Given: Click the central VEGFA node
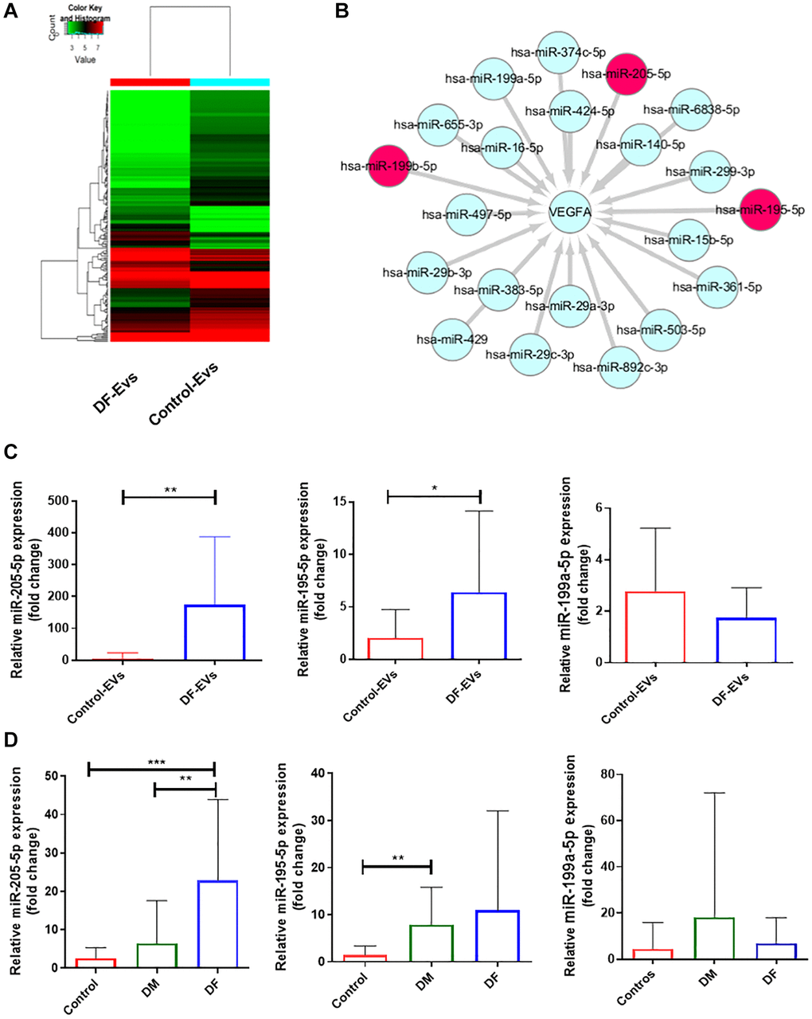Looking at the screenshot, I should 568,213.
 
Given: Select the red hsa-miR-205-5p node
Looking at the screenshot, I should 626,74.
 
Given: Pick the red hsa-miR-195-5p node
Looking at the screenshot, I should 760,210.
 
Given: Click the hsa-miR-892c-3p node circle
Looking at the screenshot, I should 620,368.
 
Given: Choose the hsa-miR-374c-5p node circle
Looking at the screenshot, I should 557,53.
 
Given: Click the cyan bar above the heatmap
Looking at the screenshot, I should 230,82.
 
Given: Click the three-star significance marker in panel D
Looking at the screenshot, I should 156,762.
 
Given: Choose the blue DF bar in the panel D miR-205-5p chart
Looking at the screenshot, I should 215,924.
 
